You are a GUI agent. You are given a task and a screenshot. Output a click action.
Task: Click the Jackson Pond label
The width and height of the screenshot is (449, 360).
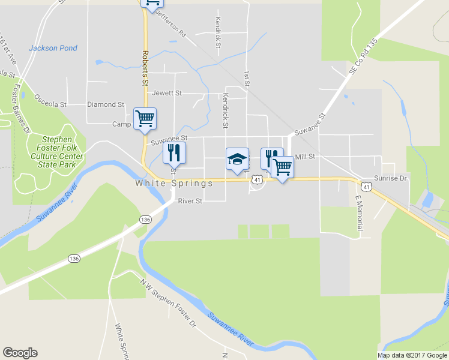pos(53,48)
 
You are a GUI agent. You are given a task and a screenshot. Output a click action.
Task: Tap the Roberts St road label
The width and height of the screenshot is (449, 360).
pos(145,68)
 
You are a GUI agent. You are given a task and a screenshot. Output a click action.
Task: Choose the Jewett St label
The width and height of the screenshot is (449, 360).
pos(167,93)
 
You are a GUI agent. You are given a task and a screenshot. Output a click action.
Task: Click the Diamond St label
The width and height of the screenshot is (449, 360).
pos(106,104)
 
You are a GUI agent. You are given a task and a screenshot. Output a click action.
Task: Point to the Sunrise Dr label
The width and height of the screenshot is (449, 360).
pos(391,178)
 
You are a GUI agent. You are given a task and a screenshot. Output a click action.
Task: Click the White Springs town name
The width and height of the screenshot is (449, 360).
pos(174,183)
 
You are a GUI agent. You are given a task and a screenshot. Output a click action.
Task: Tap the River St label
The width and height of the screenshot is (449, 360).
pos(190,201)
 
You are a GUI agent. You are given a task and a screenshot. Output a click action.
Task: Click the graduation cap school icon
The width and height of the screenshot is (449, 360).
pos(237,159)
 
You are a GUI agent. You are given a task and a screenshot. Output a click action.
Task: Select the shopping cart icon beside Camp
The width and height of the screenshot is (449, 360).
pos(145,118)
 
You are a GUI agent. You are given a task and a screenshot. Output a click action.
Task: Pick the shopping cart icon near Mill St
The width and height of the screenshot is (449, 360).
pos(282,167)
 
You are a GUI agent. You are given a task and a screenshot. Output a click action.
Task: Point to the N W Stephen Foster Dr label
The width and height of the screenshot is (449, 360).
pos(169,305)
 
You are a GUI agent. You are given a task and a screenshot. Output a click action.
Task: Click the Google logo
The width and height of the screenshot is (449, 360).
pos(20,353)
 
